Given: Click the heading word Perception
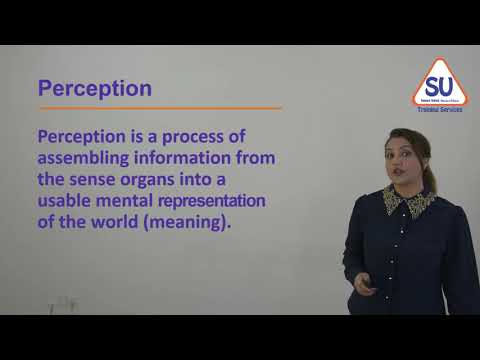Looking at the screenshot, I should click(x=94, y=88).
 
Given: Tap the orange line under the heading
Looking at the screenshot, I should click(x=159, y=108).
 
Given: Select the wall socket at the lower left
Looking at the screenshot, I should click(x=62, y=303).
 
